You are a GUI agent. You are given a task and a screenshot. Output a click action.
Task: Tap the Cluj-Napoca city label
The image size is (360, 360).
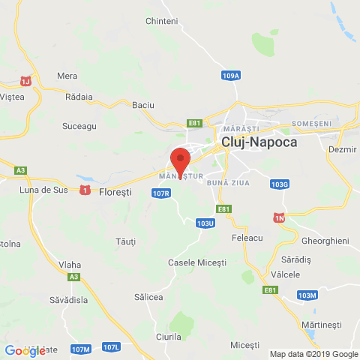259,141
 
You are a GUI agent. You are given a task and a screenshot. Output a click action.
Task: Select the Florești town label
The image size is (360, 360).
115,191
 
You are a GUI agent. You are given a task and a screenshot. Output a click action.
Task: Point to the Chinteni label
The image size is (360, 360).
162,21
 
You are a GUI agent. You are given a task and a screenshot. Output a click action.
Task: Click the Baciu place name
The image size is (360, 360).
142,106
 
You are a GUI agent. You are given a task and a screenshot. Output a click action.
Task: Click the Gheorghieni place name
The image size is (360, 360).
325,241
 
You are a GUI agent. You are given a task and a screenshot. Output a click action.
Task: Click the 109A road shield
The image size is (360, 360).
231,76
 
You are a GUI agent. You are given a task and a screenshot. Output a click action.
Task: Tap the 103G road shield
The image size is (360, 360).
280,184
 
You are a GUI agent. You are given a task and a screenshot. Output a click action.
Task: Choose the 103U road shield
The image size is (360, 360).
205,223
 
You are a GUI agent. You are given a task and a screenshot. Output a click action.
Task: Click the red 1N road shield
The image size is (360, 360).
279,217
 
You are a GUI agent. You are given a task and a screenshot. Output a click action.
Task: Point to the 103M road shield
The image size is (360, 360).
307,295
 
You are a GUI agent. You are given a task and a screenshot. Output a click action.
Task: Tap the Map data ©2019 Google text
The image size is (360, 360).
313,354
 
